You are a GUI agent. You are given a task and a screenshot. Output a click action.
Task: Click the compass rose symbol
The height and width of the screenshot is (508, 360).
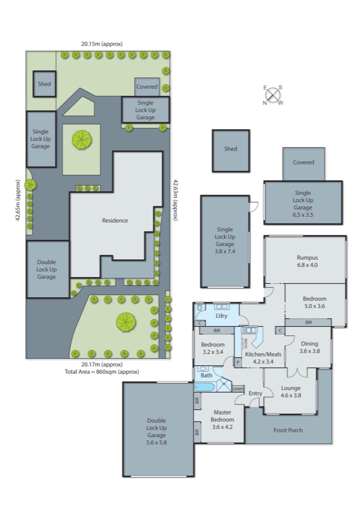(x=273, y=95)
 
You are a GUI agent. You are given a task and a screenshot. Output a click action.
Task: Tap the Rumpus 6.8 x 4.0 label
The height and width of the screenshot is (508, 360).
(x=307, y=261)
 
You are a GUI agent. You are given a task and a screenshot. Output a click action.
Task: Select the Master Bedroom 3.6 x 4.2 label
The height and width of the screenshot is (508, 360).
(x=222, y=419)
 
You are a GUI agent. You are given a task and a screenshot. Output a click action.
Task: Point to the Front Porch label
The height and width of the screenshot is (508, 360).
(x=288, y=430)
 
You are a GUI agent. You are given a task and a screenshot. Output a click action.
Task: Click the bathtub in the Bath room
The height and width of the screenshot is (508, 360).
(x=204, y=387)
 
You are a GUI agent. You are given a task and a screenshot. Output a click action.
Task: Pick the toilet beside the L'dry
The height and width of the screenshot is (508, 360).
(x=200, y=308)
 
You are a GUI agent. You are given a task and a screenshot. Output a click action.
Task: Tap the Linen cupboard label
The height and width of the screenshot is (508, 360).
(x=238, y=389)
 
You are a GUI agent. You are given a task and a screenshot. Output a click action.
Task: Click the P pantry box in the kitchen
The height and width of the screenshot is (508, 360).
(x=238, y=362)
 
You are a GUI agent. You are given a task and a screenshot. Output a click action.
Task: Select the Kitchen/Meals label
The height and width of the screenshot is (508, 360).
(x=263, y=354)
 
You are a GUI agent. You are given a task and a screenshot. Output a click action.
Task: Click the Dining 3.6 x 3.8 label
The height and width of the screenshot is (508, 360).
(x=309, y=347)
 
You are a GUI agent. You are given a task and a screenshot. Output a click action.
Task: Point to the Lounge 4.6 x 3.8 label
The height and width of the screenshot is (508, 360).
(x=291, y=391)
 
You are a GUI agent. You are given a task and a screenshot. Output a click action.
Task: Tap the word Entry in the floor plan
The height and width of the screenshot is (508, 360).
(x=255, y=393)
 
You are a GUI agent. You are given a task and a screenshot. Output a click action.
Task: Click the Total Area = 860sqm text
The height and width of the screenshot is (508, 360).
(x=102, y=372)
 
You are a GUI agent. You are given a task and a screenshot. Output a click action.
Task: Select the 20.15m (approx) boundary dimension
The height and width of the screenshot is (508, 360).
(x=102, y=44)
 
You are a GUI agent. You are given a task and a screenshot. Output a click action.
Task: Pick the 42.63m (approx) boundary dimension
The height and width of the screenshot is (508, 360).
(x=175, y=200)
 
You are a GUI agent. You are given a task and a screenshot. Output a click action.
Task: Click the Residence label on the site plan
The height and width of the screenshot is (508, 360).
(x=115, y=220)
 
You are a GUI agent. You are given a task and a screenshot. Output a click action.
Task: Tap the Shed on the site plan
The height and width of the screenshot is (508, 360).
(x=44, y=84)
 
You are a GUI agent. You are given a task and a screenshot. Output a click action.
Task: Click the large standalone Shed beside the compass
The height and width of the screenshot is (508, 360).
(x=231, y=150)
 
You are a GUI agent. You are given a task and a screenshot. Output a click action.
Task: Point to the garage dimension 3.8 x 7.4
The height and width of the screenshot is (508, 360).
(x=225, y=251)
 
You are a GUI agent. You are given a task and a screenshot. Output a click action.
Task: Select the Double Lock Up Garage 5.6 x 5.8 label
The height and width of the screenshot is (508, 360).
(x=156, y=431)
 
